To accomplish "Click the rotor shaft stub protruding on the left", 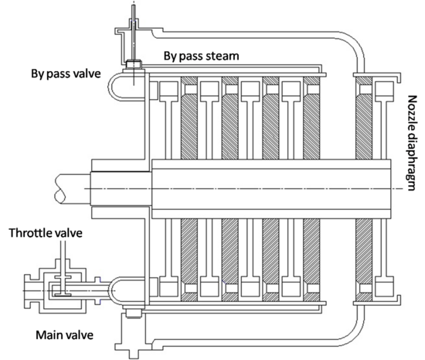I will pos(70,189).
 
